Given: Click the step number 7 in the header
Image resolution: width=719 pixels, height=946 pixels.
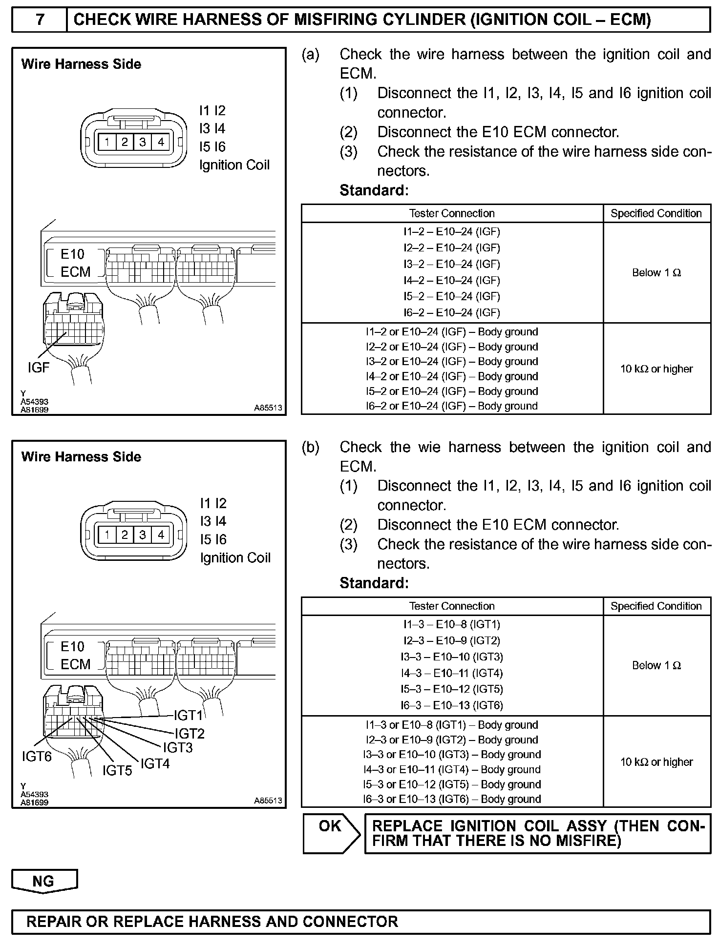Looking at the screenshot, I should coord(40,20).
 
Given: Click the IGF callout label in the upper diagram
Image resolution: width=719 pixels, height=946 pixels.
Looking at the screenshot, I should coord(39,367).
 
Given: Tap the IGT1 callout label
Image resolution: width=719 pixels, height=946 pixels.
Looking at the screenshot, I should coord(188,716).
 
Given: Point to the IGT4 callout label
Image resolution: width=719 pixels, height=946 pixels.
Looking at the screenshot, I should coord(155,763).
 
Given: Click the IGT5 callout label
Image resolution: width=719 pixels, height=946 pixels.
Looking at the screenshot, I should coord(117,770).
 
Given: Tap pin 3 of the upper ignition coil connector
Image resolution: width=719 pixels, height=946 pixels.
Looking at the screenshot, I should coord(142,142).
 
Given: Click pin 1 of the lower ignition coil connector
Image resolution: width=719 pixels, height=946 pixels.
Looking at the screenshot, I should coord(107,535).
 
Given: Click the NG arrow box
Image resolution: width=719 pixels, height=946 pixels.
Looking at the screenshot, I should coord(43,881).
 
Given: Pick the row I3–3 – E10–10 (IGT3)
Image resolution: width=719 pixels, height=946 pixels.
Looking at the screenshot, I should coord(452,657).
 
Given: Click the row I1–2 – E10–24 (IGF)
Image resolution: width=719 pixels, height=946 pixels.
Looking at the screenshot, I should coord(452,232).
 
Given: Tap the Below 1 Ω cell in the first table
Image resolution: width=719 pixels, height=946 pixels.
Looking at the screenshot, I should coord(656,272).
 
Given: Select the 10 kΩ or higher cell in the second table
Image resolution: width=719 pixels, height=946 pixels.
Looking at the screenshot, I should coord(656,762).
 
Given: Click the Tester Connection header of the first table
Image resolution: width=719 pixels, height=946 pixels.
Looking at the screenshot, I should coord(452,213).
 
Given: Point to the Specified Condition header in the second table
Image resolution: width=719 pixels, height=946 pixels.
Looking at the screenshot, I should coord(656,606).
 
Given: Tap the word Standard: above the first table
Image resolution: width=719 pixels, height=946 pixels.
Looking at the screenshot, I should coord(374,190).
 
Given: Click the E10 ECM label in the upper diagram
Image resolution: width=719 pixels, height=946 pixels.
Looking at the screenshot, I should coord(75,263).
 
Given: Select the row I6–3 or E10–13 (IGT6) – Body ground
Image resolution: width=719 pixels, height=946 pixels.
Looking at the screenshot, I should coord(452,799).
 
